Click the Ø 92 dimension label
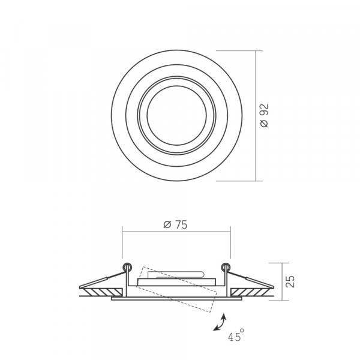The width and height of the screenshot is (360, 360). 265,116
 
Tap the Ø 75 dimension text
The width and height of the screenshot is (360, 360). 175,225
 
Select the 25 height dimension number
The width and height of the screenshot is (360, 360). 290,281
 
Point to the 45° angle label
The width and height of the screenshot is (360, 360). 236,335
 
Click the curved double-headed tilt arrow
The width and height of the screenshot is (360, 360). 220,323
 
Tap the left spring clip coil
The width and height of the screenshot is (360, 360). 127,267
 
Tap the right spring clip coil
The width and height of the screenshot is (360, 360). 226,267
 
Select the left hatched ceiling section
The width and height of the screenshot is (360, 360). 103,292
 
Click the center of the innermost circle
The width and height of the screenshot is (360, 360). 176,115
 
